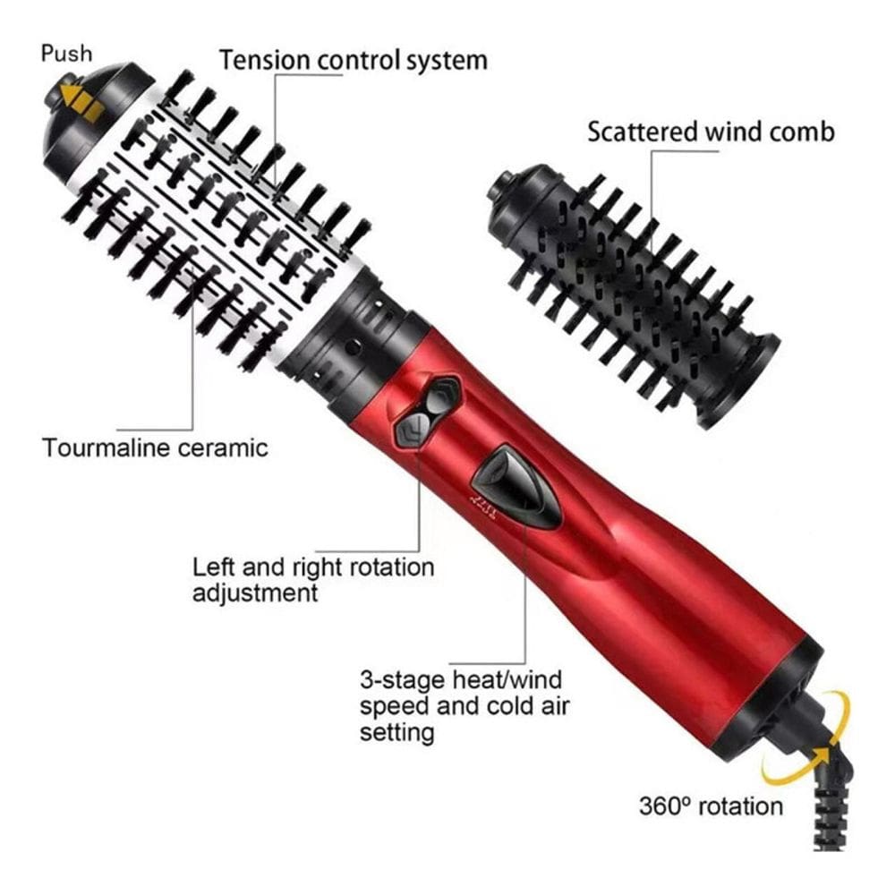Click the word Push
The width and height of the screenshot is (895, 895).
coord(66,53)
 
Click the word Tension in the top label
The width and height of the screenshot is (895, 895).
coord(265,60)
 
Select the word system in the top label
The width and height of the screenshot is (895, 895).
coord(447,61)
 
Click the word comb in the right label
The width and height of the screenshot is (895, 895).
coord(801,132)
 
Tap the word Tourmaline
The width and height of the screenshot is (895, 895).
coord(106,447)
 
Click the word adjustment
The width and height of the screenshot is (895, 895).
coord(254,593)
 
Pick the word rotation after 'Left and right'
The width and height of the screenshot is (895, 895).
coord(392,567)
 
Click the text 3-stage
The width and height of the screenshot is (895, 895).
coord(402,680)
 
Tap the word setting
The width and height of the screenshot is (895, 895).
coord(396,732)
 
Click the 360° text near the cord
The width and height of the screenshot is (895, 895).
coord(664,806)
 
